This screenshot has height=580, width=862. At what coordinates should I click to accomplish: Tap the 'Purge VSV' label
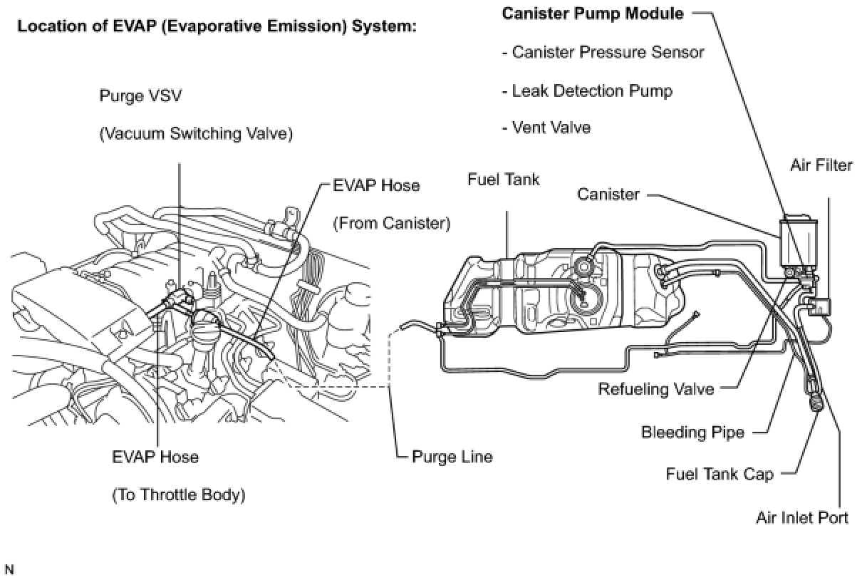pos(140,96)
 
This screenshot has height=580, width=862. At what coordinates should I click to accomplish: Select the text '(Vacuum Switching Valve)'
pos(195,134)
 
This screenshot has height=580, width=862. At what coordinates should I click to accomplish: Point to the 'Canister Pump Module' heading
pos(593,14)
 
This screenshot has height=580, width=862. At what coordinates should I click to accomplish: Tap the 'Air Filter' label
pos(821,165)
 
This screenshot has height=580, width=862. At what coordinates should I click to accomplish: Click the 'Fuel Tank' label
pos(503,180)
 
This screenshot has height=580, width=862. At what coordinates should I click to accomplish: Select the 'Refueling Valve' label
pos(655,389)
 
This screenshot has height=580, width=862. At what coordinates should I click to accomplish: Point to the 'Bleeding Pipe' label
pos(692,432)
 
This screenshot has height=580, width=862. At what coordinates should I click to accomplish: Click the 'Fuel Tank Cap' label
pos(720,475)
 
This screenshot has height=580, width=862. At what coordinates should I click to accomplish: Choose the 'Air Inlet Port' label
pos(801,517)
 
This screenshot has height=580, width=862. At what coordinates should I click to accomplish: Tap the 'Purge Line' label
pos(452,456)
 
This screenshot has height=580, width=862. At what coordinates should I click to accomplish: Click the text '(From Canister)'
pos(392,224)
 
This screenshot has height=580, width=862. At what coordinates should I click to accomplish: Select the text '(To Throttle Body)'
pos(179,494)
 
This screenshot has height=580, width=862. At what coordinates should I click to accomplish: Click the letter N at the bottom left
pos(9,569)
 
